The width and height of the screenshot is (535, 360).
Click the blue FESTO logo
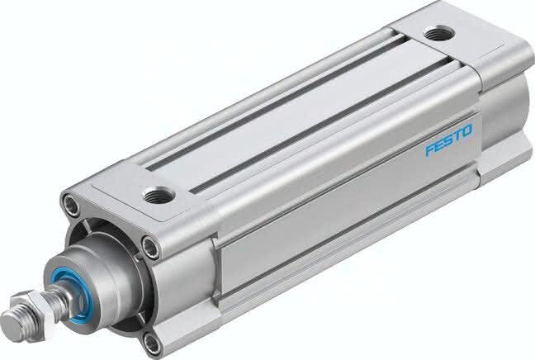pos(448,140)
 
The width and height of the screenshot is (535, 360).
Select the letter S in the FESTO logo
pos(449,140)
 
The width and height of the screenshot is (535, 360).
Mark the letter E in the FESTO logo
pos(440,144)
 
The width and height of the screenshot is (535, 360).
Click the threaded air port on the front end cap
pos(159,196)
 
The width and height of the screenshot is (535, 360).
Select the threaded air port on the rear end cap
pos(438,34)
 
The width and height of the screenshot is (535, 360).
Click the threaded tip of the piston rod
pos(13,324)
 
